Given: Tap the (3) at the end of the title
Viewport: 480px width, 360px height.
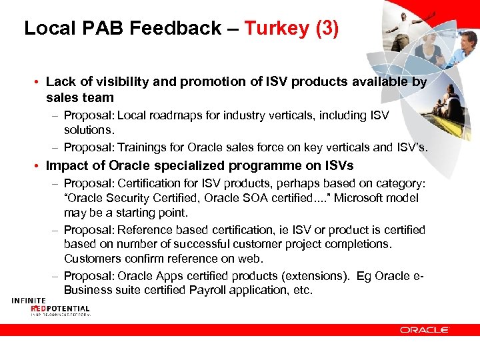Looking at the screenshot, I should click(326, 28).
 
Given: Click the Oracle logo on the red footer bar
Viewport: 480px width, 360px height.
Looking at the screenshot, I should click(424, 329).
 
